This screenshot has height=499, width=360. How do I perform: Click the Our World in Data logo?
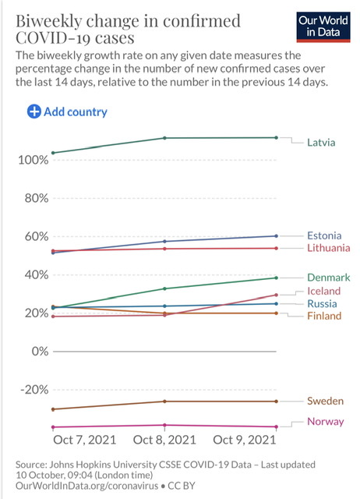coord(323,27)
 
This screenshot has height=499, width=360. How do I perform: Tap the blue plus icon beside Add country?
coord(34,111)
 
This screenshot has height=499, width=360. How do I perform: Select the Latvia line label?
coord(321,142)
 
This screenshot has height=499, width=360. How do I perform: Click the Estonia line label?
coord(324,235)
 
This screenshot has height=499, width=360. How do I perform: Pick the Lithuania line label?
coord(329,248)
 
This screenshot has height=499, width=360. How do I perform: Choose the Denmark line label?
coord(329,278)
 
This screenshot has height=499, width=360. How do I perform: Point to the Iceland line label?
coord(323,291)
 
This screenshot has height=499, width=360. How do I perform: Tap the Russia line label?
coord(322,303)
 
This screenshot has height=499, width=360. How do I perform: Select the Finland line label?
coord(324,316)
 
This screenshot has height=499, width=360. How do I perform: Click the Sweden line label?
coord(325,401)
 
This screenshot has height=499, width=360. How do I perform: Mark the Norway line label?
coord(326,422)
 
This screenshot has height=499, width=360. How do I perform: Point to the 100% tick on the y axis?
coord(34,160)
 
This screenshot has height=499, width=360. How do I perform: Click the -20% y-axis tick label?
coord(34,390)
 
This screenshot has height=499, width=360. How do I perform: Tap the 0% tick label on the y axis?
coord(40,352)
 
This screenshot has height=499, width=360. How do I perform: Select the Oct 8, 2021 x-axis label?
coord(164,440)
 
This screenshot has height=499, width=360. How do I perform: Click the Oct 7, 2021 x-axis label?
coord(85,440)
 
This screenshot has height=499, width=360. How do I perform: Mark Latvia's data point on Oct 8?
coord(164,138)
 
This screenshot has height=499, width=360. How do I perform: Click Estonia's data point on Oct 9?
coord(276,235)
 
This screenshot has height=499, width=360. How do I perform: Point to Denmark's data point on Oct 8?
coord(164,288)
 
